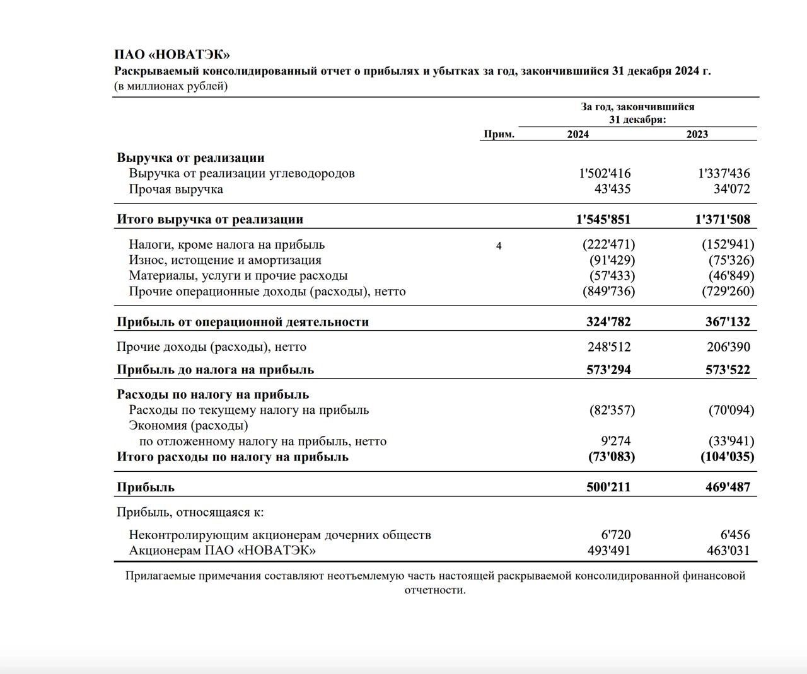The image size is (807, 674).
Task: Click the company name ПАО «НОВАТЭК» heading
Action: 171,55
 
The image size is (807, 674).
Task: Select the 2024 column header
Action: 578,134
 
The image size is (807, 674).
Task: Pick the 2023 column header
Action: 697,134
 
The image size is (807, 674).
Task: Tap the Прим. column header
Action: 499,134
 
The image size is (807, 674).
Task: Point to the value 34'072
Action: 731,189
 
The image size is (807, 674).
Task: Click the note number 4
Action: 499,246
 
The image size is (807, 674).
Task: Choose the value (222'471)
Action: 608,244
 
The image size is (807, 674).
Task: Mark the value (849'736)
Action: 608,291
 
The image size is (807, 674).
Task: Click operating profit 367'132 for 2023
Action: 728,322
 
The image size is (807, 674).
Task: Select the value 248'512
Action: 608,347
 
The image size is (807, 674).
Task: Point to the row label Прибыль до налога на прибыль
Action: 215,370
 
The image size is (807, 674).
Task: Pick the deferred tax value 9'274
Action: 615,442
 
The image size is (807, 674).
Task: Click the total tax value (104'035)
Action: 727,457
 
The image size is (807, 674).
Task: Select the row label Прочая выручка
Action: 176,189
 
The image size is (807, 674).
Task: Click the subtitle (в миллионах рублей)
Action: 171,86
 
